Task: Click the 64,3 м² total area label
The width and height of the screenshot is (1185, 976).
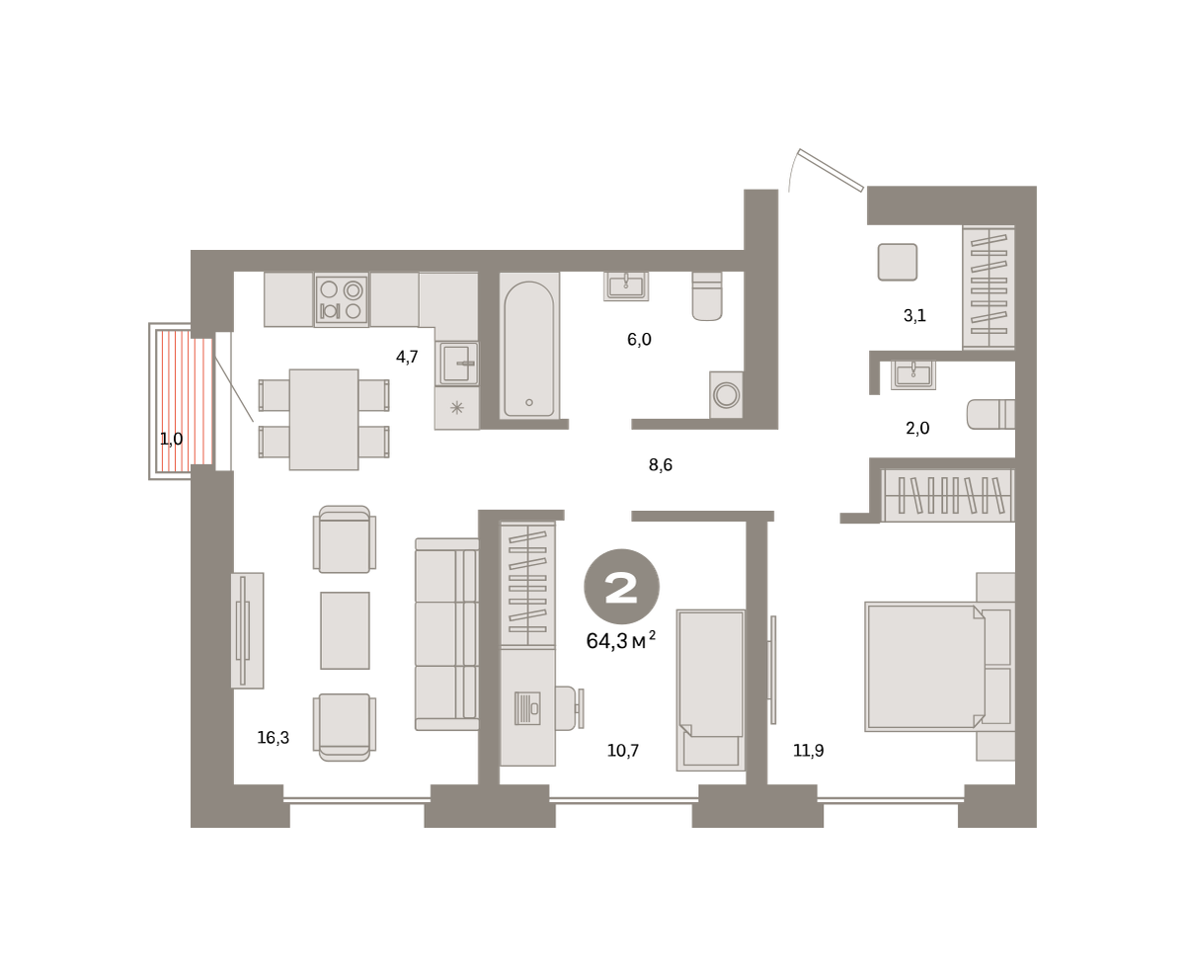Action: (x=620, y=640)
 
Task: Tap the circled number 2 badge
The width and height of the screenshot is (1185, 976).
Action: (x=621, y=587)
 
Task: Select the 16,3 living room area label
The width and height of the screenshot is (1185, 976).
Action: (x=274, y=737)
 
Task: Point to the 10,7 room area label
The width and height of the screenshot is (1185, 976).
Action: (x=623, y=750)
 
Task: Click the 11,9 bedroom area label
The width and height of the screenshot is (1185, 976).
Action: (x=809, y=750)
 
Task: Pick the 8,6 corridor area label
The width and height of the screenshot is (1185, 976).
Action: (x=661, y=465)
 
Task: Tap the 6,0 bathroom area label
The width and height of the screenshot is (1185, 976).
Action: (x=639, y=339)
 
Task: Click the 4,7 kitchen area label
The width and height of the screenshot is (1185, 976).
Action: (x=407, y=357)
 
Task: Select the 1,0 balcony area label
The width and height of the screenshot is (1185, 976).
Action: (x=172, y=439)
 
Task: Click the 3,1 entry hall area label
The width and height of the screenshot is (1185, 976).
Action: (x=914, y=315)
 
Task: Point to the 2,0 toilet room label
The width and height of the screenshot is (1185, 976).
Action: (x=917, y=428)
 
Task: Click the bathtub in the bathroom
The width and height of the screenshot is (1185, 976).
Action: (x=528, y=345)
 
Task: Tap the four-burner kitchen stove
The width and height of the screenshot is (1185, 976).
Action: (x=341, y=300)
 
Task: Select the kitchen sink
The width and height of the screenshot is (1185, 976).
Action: (x=457, y=364)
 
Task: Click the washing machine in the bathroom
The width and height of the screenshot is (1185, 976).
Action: (x=726, y=395)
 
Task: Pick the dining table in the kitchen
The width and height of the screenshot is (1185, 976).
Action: (x=324, y=420)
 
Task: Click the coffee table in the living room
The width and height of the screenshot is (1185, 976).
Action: (x=345, y=630)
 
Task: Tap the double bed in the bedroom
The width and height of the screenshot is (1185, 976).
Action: (x=925, y=667)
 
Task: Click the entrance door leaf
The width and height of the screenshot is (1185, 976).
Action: (x=831, y=170)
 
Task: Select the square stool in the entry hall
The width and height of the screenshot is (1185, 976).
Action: (x=898, y=262)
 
